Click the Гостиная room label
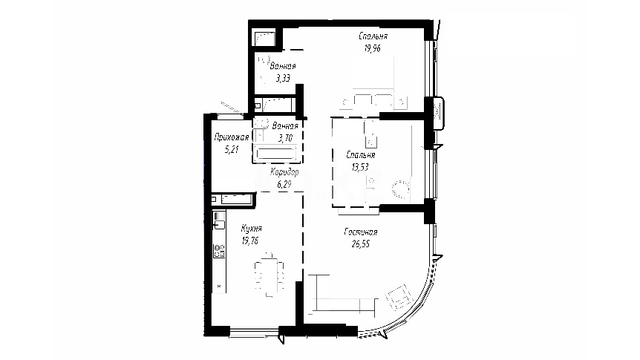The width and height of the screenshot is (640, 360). pos(361,232)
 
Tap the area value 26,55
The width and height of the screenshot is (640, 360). pos(361,244)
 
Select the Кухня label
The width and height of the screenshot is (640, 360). pos(252,229)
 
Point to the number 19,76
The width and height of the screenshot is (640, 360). pos(249,240)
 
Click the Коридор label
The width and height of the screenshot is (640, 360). pos(284,172)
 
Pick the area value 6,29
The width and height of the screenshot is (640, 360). pos(284,185)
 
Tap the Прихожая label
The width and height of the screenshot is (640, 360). pos(232,137)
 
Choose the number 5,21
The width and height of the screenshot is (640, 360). pos(232,149)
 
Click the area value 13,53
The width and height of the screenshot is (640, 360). pos(360,167)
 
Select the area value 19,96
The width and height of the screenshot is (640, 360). pos(373,48)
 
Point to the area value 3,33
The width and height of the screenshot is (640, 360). pos(283,78)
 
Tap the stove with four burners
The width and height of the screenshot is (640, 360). pos(219,251)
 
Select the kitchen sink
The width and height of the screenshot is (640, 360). pos(219,224)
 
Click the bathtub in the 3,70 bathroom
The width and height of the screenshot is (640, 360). pos(275,154)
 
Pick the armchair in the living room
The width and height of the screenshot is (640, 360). pos(398,297)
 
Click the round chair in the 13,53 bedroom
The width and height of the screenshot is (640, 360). pos(401,189)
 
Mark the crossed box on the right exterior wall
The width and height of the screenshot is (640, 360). pos(438,111)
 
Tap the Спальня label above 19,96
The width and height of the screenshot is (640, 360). pos(373,36)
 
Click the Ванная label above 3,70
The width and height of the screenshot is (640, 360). pos(285,126)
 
